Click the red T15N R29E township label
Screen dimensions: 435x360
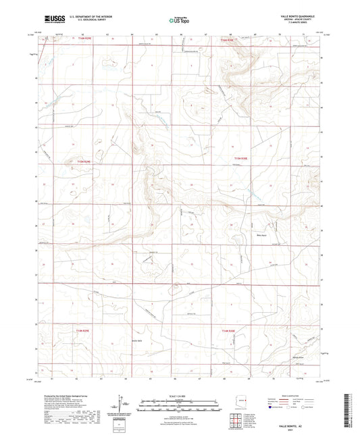click(x=83, y=161)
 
